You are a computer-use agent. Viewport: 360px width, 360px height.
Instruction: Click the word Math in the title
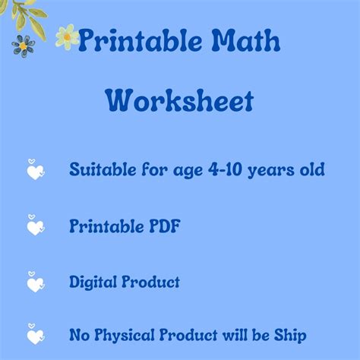245,40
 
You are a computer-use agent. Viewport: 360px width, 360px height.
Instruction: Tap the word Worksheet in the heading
179,100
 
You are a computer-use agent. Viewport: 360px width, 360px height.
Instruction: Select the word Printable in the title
140,41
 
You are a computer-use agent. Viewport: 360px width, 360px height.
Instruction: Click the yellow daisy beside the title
67,37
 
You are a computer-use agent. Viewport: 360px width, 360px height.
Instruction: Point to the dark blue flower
24,46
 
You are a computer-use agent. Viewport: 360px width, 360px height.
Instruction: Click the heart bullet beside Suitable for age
36,169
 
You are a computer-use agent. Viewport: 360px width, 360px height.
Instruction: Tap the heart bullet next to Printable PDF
36,226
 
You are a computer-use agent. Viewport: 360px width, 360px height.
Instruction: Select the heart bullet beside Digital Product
36,282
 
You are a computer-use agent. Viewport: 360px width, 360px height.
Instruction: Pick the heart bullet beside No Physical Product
36,334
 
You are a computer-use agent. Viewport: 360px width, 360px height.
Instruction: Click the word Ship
290,336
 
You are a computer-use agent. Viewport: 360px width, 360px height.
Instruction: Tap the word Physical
124,335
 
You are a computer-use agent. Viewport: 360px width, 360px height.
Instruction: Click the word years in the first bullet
271,170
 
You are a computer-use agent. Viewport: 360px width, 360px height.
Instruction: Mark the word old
312,169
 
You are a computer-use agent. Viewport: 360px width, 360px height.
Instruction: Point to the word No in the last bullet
79,335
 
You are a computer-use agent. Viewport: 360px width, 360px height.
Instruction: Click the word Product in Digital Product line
150,282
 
